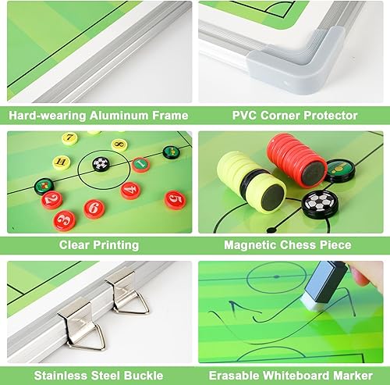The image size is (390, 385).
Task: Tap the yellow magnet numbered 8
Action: coord(120,144)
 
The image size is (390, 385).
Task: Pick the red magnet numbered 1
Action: coord(140,164)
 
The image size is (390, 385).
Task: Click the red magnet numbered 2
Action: coord(51,200)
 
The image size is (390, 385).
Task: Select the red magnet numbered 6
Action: coord(94,208)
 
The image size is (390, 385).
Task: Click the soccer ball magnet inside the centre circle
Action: coord(100,164)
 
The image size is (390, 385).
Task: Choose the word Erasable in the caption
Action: coord(233,373)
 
